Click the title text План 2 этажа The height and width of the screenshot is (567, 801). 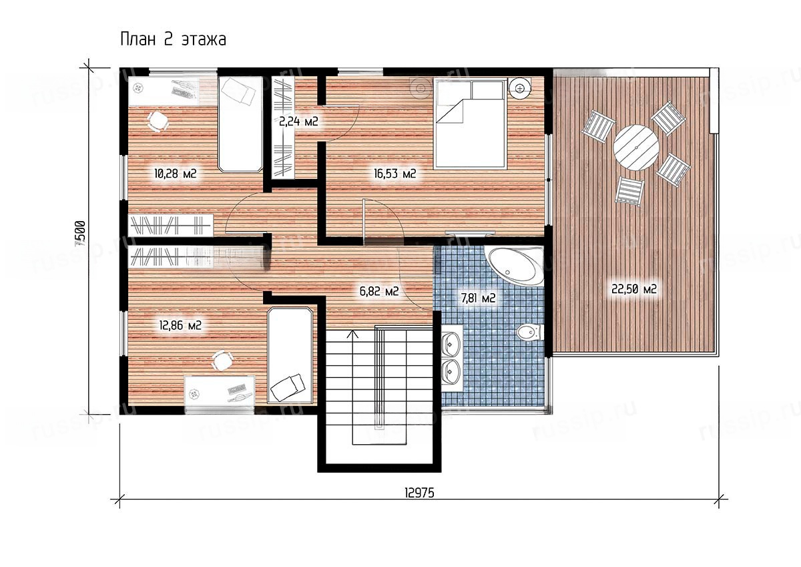click(x=173, y=39)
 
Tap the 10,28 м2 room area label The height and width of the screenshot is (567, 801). click(x=175, y=174)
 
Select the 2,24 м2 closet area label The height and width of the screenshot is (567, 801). click(x=298, y=122)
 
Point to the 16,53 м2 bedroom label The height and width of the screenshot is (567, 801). click(x=394, y=174)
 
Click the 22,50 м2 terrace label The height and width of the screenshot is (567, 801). click(x=634, y=289)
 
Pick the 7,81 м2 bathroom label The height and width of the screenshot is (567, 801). click(x=478, y=298)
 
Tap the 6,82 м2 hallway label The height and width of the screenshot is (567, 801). click(x=379, y=292)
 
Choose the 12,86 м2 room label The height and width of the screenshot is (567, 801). click(x=180, y=325)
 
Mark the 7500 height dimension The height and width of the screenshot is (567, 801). click(x=81, y=234)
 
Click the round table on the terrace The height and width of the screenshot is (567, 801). click(x=636, y=148)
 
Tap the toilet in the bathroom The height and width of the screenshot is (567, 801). click(x=529, y=333)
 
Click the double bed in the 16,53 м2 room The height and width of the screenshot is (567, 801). click(x=470, y=124)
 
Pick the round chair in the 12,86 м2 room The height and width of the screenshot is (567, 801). click(x=222, y=361)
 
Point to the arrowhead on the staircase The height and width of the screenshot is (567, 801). click(x=354, y=334)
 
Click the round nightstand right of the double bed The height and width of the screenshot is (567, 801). click(x=520, y=88)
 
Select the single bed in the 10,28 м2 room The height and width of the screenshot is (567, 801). click(x=240, y=124)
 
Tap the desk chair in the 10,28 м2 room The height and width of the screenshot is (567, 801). click(x=158, y=121)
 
